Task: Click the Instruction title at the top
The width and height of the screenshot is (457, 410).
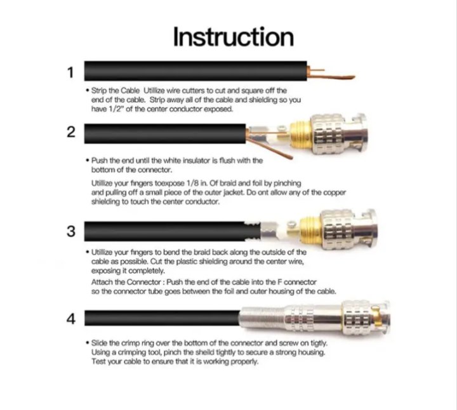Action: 234,37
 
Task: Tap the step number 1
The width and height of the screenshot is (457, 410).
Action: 70,72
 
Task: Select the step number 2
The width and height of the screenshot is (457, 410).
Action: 71,132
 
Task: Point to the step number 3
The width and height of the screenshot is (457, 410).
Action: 71,231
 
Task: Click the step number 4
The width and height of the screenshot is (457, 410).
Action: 71,319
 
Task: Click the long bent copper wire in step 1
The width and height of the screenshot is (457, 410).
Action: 331,78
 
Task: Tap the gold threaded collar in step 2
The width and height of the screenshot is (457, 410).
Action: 300,135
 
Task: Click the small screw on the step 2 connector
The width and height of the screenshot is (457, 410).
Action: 282,128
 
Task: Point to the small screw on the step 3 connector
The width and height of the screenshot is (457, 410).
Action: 292,224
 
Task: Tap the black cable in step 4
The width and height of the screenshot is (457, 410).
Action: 162,317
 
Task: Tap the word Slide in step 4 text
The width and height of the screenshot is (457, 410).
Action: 99,343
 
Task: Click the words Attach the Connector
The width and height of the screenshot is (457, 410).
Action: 126,282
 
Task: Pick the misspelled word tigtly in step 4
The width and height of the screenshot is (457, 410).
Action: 318,343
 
